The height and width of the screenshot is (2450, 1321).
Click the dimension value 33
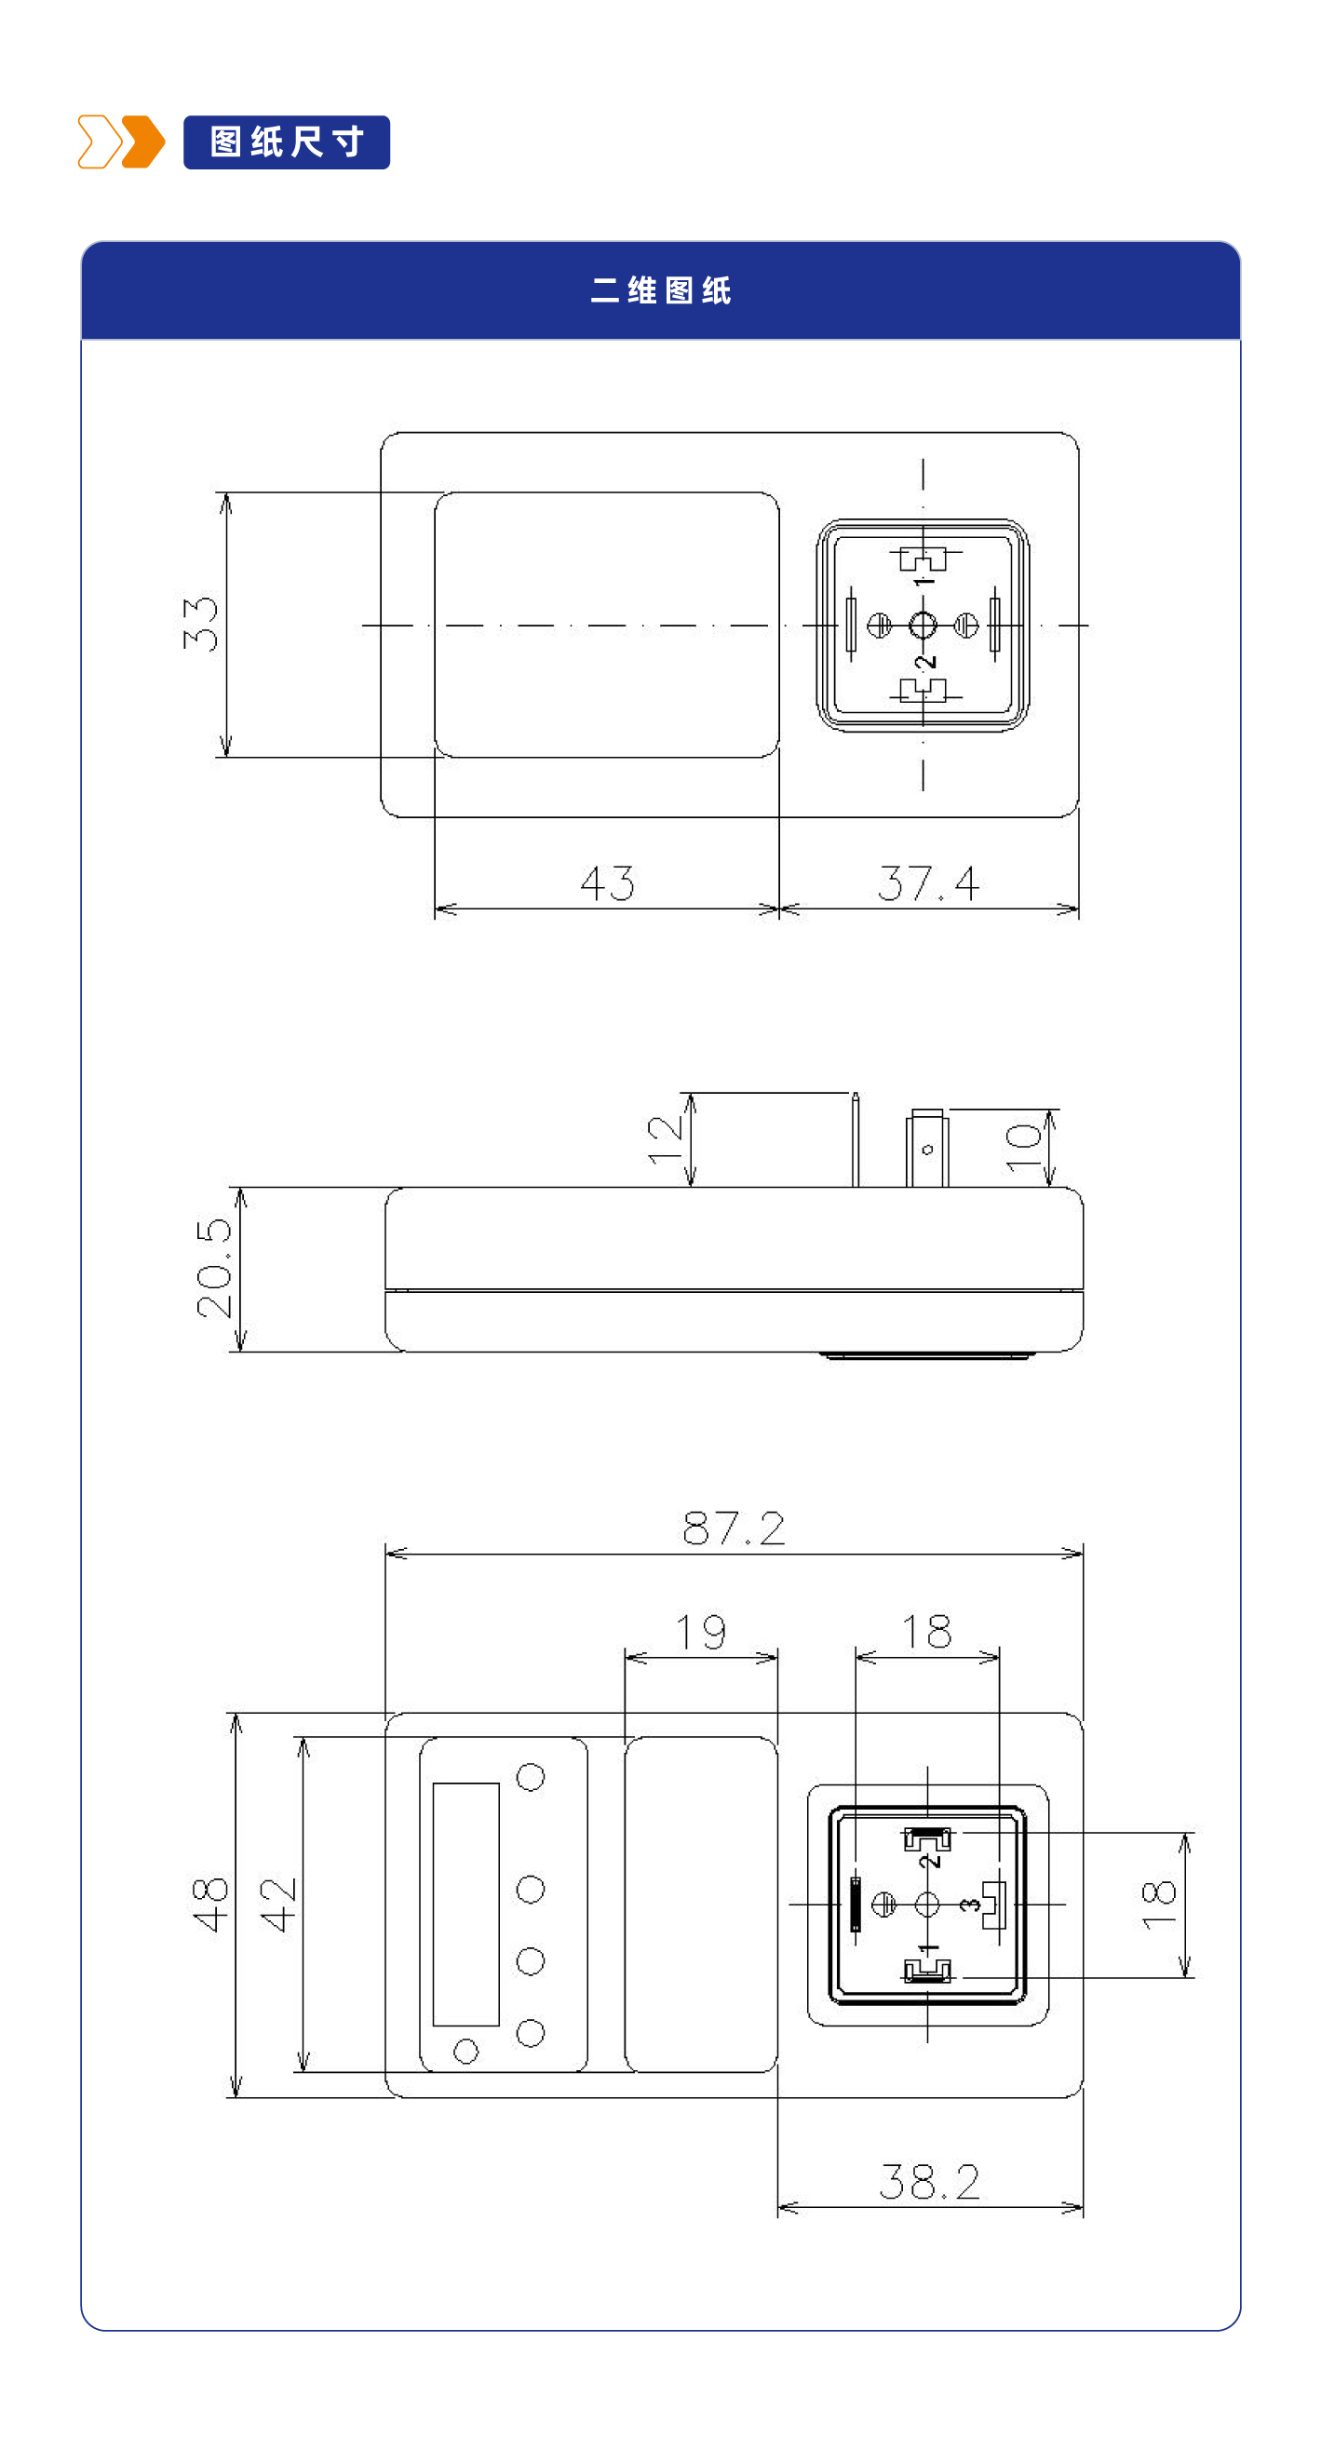(x=201, y=624)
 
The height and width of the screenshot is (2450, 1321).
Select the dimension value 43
(x=607, y=882)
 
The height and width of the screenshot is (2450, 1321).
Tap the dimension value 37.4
(x=928, y=882)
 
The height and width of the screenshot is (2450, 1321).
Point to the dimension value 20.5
(x=214, y=1268)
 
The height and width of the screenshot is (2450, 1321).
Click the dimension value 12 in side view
(x=665, y=1139)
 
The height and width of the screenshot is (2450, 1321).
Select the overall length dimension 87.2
(x=734, y=1528)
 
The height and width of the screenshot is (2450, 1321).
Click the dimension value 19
(x=701, y=1632)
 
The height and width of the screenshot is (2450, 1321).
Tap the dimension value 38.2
(x=929, y=2182)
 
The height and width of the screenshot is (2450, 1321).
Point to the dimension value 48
(x=211, y=1905)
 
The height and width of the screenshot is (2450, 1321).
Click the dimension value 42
(x=278, y=1905)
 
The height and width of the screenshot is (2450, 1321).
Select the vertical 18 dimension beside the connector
(x=1159, y=1905)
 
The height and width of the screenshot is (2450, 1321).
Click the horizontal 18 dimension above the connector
(x=926, y=1632)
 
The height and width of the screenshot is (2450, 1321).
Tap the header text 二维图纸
(x=660, y=290)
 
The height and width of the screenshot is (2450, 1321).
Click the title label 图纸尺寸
(x=287, y=141)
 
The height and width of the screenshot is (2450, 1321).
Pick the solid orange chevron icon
(x=143, y=141)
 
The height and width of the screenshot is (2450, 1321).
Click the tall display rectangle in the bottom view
(x=466, y=1905)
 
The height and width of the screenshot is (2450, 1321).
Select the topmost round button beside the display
(x=530, y=1777)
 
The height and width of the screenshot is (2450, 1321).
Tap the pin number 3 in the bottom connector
(x=969, y=1905)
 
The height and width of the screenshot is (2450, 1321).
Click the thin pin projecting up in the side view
(x=855, y=1139)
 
